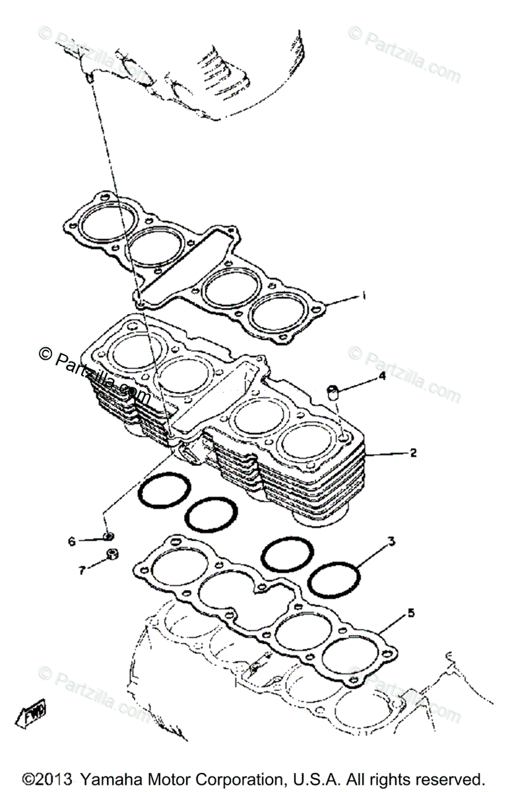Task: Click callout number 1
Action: coord(363,296)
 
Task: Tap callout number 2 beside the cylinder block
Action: coord(414,453)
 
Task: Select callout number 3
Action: coord(391,543)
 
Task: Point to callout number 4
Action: coord(381,377)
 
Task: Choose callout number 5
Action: coord(411,614)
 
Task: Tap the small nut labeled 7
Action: coord(111,555)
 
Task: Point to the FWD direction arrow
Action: coord(32,715)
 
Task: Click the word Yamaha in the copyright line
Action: coord(109,779)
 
